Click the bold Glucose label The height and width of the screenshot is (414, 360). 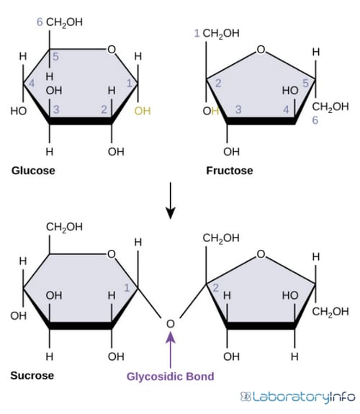point(33,171)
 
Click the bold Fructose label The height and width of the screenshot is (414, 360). point(230,171)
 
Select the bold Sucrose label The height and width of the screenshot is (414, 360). point(32,375)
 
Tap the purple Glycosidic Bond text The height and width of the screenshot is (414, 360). point(171,377)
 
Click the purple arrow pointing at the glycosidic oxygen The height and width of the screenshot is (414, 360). point(171,350)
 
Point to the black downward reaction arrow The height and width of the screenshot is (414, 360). point(171,200)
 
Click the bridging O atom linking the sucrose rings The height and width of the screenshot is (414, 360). point(171,324)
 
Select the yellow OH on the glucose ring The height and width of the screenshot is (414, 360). point(143,111)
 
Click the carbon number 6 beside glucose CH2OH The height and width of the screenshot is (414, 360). point(40,22)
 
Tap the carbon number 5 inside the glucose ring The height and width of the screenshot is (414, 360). point(55,56)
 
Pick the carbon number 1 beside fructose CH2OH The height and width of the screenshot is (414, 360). point(197,33)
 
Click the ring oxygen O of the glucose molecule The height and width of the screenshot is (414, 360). point(112,50)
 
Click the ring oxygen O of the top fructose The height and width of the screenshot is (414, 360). point(261,50)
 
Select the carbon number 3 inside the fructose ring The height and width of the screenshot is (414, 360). point(238,109)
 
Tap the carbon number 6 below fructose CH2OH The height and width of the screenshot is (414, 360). point(315,120)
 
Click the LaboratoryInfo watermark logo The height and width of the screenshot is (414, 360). point(297,396)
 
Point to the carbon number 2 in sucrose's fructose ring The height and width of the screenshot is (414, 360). point(215,288)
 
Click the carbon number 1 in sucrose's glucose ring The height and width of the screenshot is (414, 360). point(127,288)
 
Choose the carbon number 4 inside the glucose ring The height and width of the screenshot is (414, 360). point(32,84)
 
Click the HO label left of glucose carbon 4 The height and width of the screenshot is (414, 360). point(19,111)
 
